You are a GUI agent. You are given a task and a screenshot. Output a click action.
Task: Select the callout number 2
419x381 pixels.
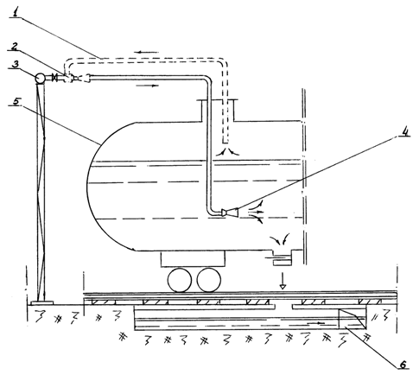(16, 46)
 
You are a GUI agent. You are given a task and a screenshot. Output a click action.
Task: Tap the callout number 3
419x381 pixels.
(15, 64)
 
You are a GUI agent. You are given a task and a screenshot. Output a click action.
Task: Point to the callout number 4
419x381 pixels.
(404, 131)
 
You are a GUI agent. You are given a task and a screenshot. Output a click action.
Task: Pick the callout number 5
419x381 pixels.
(17, 101)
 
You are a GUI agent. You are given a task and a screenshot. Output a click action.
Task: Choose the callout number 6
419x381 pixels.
(403, 364)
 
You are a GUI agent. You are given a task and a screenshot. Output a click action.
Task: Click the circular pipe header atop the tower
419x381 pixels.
(40, 78)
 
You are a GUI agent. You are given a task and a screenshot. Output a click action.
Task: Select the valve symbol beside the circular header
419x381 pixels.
(54, 78)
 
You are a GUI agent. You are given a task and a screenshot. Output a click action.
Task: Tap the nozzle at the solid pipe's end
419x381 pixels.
(230, 213)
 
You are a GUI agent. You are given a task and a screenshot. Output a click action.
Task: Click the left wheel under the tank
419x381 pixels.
(180, 280)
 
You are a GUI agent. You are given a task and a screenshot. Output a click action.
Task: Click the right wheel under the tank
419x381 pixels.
(209, 280)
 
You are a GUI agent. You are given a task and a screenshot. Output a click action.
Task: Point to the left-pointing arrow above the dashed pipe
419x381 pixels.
(147, 52)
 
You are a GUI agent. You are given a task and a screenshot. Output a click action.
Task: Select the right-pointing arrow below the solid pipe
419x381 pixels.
(148, 86)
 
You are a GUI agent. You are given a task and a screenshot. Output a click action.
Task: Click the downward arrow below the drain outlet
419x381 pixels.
(283, 280)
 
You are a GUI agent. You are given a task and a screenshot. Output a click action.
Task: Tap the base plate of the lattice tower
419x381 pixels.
(42, 302)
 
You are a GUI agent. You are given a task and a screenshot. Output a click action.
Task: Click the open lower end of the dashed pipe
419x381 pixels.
(225, 143)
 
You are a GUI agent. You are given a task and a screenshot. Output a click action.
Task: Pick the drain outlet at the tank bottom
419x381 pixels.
(283, 257)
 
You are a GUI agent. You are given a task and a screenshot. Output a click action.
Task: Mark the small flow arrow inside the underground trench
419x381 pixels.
(316, 323)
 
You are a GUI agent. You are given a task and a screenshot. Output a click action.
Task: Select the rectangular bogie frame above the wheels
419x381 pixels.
(193, 259)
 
